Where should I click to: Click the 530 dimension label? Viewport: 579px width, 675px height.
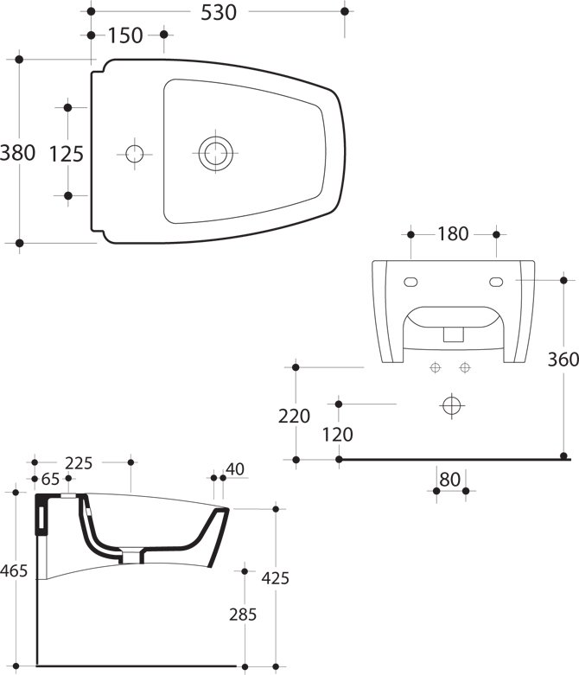pyautogui.click(x=219, y=12)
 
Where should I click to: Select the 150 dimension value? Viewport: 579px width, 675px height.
pyautogui.click(x=125, y=35)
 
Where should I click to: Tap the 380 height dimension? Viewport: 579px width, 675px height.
pyautogui.click(x=17, y=153)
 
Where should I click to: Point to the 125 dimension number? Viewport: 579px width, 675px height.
pyautogui.click(x=67, y=154)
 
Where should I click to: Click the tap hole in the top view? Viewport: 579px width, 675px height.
pyautogui.click(x=134, y=154)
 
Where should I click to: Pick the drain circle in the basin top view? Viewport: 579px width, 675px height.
pyautogui.click(x=216, y=153)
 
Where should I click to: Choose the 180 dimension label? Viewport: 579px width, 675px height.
pyautogui.click(x=453, y=233)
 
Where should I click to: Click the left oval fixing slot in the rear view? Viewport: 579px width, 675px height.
pyautogui.click(x=410, y=282)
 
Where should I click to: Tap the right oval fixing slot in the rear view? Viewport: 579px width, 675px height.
pyautogui.click(x=496, y=282)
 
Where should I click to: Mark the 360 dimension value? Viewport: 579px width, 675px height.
pyautogui.click(x=563, y=359)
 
